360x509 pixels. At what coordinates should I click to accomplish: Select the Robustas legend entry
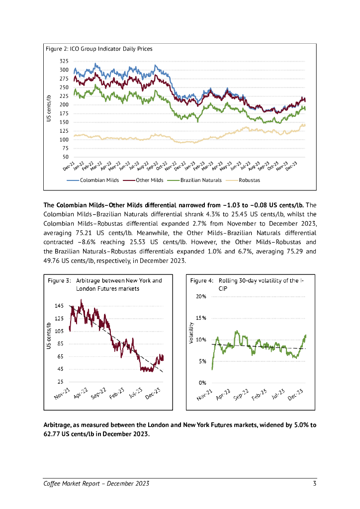pos(249,180)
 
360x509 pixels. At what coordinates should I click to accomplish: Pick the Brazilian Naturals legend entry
pos(201,180)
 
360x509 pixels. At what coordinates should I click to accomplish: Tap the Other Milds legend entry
pos(150,180)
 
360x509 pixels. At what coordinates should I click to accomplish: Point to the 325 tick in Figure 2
pos(64,61)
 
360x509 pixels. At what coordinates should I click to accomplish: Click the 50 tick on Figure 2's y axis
pos(66,157)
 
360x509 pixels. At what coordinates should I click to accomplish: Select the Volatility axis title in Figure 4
pos(191,333)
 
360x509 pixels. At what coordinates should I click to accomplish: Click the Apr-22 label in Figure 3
pos(81,396)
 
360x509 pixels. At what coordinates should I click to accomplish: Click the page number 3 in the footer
pos(315,484)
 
